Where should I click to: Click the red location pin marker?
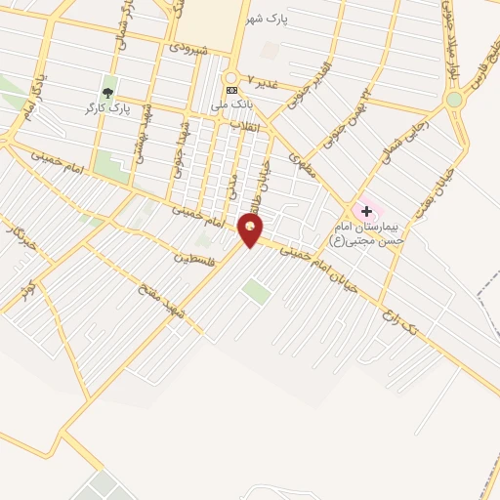[x=250, y=230]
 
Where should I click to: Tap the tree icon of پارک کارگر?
[x=107, y=93]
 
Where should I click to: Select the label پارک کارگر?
[x=107, y=105]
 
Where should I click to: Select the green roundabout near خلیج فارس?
[x=454, y=99]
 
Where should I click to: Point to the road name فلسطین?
[x=192, y=258]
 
